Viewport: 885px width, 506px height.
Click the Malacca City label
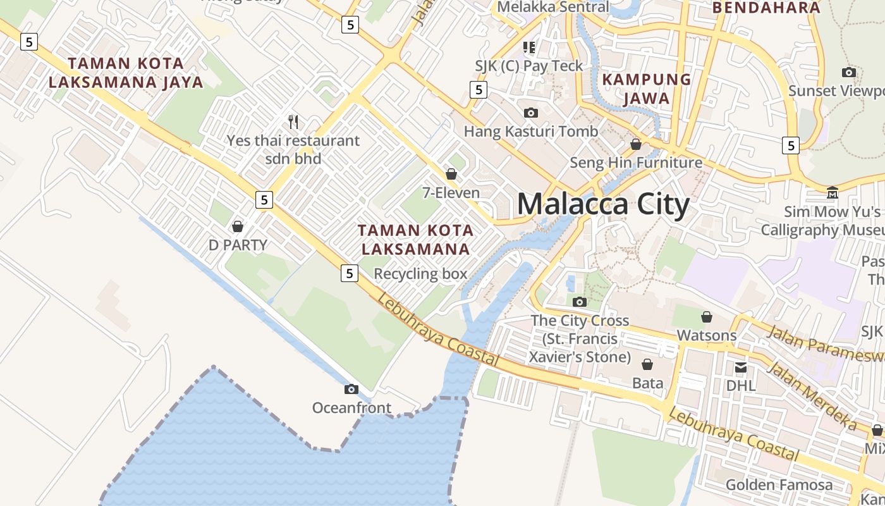pos(603,205)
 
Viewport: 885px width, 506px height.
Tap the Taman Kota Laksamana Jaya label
pos(126,73)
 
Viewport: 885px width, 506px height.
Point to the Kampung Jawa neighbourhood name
pos(646,89)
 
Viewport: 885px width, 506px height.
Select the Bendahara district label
pos(766,8)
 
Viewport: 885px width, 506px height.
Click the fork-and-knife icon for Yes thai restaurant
pos(293,121)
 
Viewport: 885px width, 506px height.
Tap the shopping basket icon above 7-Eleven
pos(451,173)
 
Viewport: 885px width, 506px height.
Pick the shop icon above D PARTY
pos(238,226)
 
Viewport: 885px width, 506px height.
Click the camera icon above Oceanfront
pos(351,389)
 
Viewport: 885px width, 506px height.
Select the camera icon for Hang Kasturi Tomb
pos(531,113)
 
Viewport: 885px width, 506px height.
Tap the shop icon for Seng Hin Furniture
pos(636,144)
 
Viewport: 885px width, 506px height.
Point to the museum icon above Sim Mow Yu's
pos(833,192)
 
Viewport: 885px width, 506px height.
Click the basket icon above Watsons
pos(707,316)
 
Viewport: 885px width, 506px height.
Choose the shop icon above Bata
pos(647,364)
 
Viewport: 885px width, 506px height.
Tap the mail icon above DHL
pos(741,367)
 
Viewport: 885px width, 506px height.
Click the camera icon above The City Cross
pos(580,302)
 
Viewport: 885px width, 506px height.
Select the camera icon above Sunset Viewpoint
pos(849,72)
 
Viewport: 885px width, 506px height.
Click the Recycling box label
pos(420,274)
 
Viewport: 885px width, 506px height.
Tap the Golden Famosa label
pos(779,485)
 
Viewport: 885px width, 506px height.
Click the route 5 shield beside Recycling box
pos(350,273)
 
